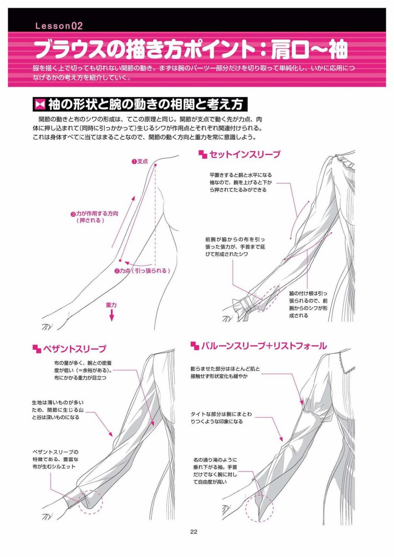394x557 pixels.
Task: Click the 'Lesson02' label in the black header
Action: (59, 26)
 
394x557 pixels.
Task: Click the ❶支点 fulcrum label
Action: (140, 161)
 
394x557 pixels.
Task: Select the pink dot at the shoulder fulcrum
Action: (156, 165)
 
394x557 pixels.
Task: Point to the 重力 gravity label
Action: (111, 305)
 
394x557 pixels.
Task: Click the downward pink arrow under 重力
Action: (112, 315)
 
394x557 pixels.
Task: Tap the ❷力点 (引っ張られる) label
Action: (142, 271)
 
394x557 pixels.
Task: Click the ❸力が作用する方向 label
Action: (94, 214)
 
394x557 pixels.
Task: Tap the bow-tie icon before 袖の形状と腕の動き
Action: (40, 105)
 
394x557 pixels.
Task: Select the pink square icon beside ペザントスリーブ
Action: (37, 349)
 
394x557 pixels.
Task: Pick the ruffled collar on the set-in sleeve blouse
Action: (344, 162)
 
